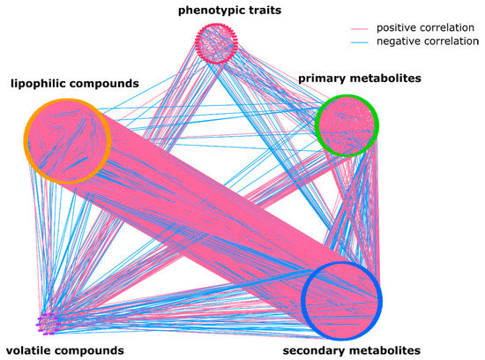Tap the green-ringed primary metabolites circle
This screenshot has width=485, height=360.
[347, 125]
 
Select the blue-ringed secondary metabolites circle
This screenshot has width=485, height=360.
[341, 299]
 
